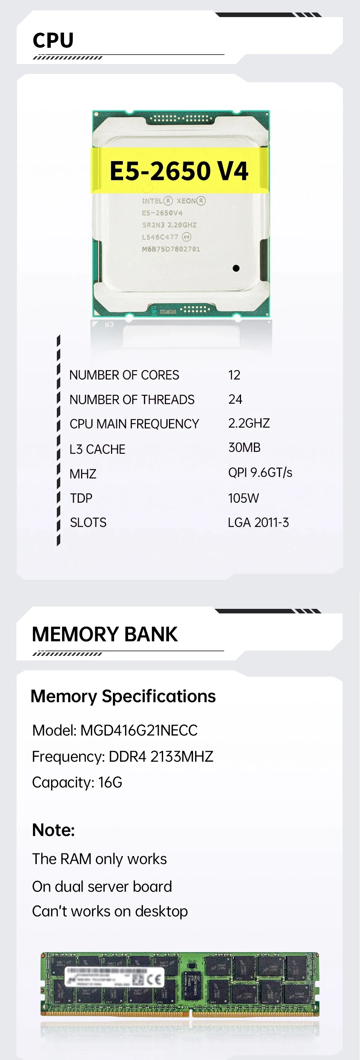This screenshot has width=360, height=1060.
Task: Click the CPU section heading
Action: (x=53, y=40)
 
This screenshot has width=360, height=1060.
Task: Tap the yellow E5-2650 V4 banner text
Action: (x=179, y=171)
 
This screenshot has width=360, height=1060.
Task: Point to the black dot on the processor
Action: (x=236, y=268)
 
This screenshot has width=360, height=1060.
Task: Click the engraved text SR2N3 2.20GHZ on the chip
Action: (x=169, y=225)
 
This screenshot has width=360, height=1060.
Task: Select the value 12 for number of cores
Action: (x=234, y=375)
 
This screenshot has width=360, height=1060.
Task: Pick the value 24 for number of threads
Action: (x=235, y=399)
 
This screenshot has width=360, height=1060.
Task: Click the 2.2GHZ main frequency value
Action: (x=249, y=423)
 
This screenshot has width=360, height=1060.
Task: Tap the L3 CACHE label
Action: (x=97, y=449)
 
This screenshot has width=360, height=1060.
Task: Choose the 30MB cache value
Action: (x=244, y=447)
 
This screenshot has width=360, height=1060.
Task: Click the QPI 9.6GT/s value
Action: (x=260, y=472)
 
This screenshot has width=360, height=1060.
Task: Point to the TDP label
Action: (x=81, y=498)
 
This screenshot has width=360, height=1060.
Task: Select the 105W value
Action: (x=243, y=498)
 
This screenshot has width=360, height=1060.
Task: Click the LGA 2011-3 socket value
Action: (x=258, y=522)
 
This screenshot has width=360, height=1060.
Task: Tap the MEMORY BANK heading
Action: (x=105, y=634)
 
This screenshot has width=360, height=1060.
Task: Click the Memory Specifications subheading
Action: (x=123, y=696)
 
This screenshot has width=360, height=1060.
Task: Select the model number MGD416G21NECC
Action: (x=139, y=731)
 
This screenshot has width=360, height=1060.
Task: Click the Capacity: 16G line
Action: (x=77, y=782)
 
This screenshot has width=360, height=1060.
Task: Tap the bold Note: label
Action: (x=53, y=830)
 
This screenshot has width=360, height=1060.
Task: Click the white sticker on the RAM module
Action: (x=114, y=977)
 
